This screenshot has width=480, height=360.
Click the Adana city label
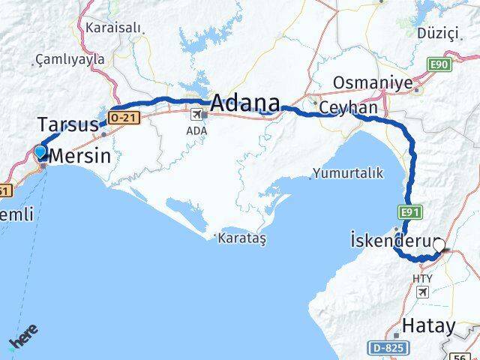pyautogui.click(x=245, y=103)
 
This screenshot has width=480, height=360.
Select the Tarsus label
pyautogui.click(x=67, y=123)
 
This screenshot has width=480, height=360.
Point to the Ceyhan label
pyautogui.click(x=348, y=109)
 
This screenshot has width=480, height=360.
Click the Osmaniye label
pyautogui.click(x=372, y=83)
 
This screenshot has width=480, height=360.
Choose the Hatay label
pyautogui.click(x=429, y=325)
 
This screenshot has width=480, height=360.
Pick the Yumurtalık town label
pyautogui.click(x=349, y=172)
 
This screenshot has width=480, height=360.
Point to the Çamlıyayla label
pyautogui.click(x=67, y=58)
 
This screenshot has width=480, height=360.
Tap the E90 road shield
pyautogui.click(x=439, y=65)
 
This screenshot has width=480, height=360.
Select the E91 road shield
pyautogui.click(x=409, y=213)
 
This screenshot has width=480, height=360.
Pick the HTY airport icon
pyautogui.click(x=422, y=291)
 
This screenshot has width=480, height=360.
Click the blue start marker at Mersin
pyautogui.click(x=40, y=153)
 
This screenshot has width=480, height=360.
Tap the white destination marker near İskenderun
pyautogui.click(x=439, y=244)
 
